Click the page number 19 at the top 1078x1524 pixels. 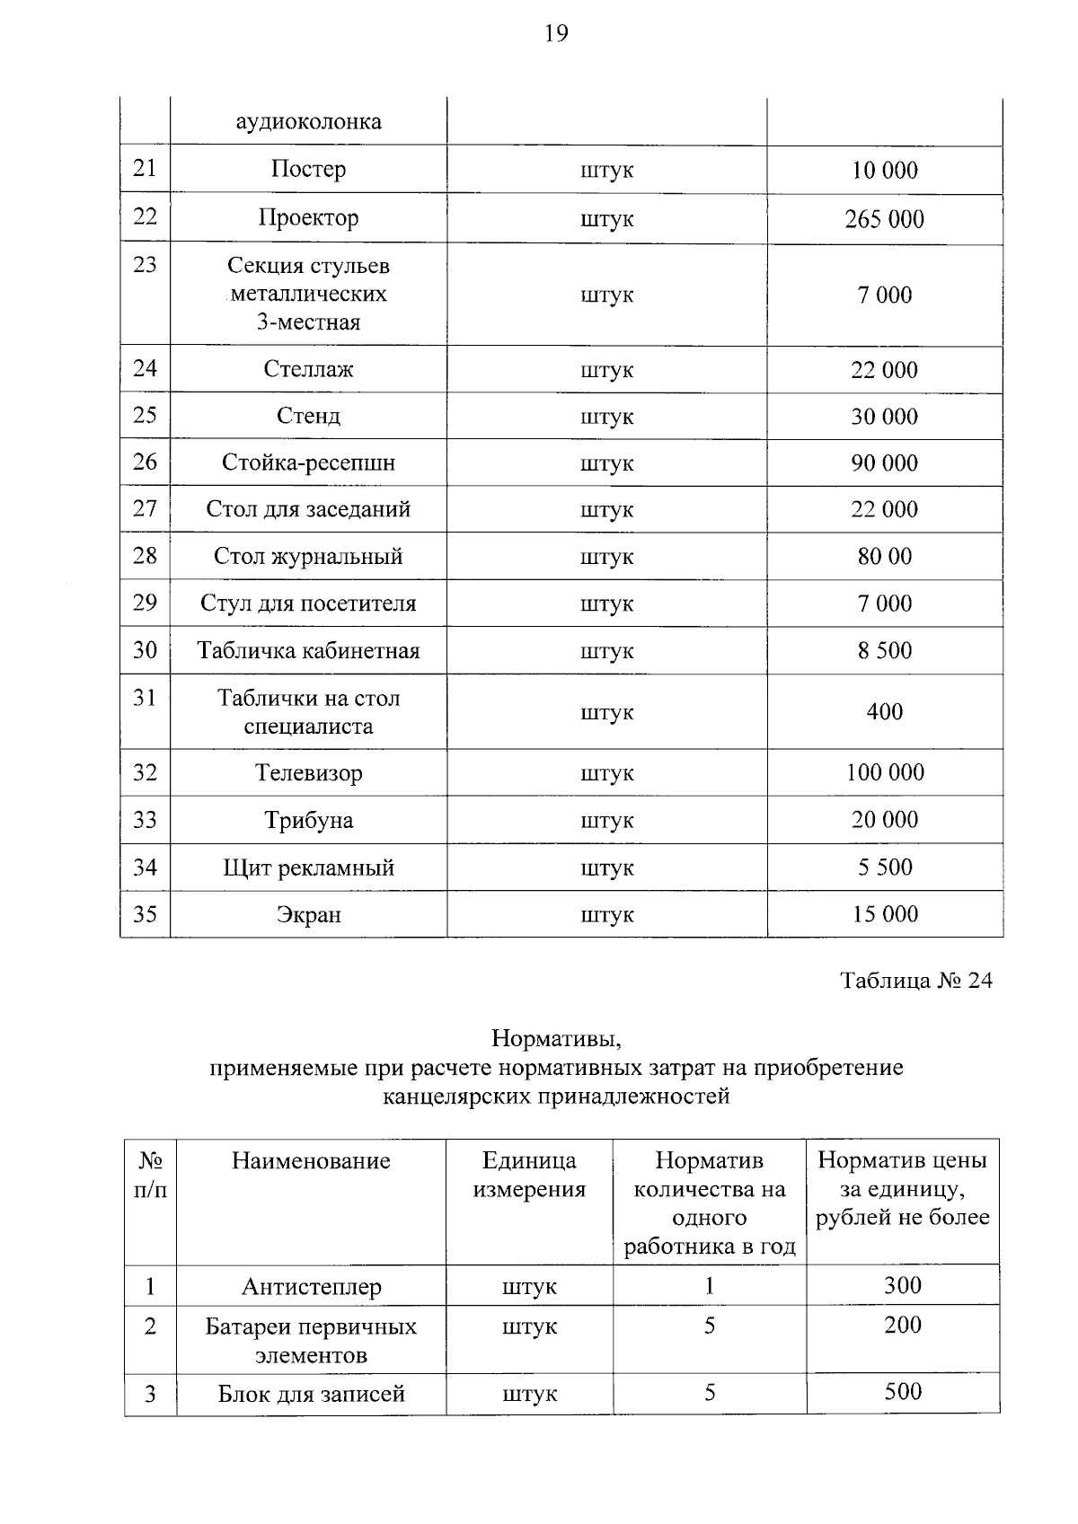pyautogui.click(x=556, y=34)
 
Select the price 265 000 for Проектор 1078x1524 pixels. pyautogui.click(x=884, y=219)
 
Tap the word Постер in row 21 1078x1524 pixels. pyautogui.click(x=308, y=169)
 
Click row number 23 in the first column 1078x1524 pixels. pyautogui.click(x=145, y=265)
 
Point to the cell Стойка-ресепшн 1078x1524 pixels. pyautogui.click(x=308, y=462)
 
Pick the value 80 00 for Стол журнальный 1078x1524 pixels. pyautogui.click(x=884, y=556)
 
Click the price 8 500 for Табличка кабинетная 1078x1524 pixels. pyautogui.click(x=884, y=650)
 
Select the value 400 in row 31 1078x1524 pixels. pyautogui.click(x=884, y=711)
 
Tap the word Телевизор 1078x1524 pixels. pyautogui.click(x=308, y=772)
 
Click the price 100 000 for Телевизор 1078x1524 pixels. pyautogui.click(x=884, y=772)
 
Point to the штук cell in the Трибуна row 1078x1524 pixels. pyautogui.click(x=606, y=820)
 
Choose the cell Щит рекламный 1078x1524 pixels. pyautogui.click(x=308, y=868)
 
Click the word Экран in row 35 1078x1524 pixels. pyautogui.click(x=308, y=915)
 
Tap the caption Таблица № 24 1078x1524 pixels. pyautogui.click(x=915, y=980)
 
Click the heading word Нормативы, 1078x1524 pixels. pyautogui.click(x=556, y=1039)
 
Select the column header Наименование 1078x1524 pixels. pyautogui.click(x=311, y=1160)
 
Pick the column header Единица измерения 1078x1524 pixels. pyautogui.click(x=529, y=1175)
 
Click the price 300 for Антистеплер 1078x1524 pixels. pyautogui.click(x=902, y=1285)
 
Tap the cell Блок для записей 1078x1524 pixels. pyautogui.click(x=311, y=1393)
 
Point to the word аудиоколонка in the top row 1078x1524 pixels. pyautogui.click(x=308, y=121)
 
